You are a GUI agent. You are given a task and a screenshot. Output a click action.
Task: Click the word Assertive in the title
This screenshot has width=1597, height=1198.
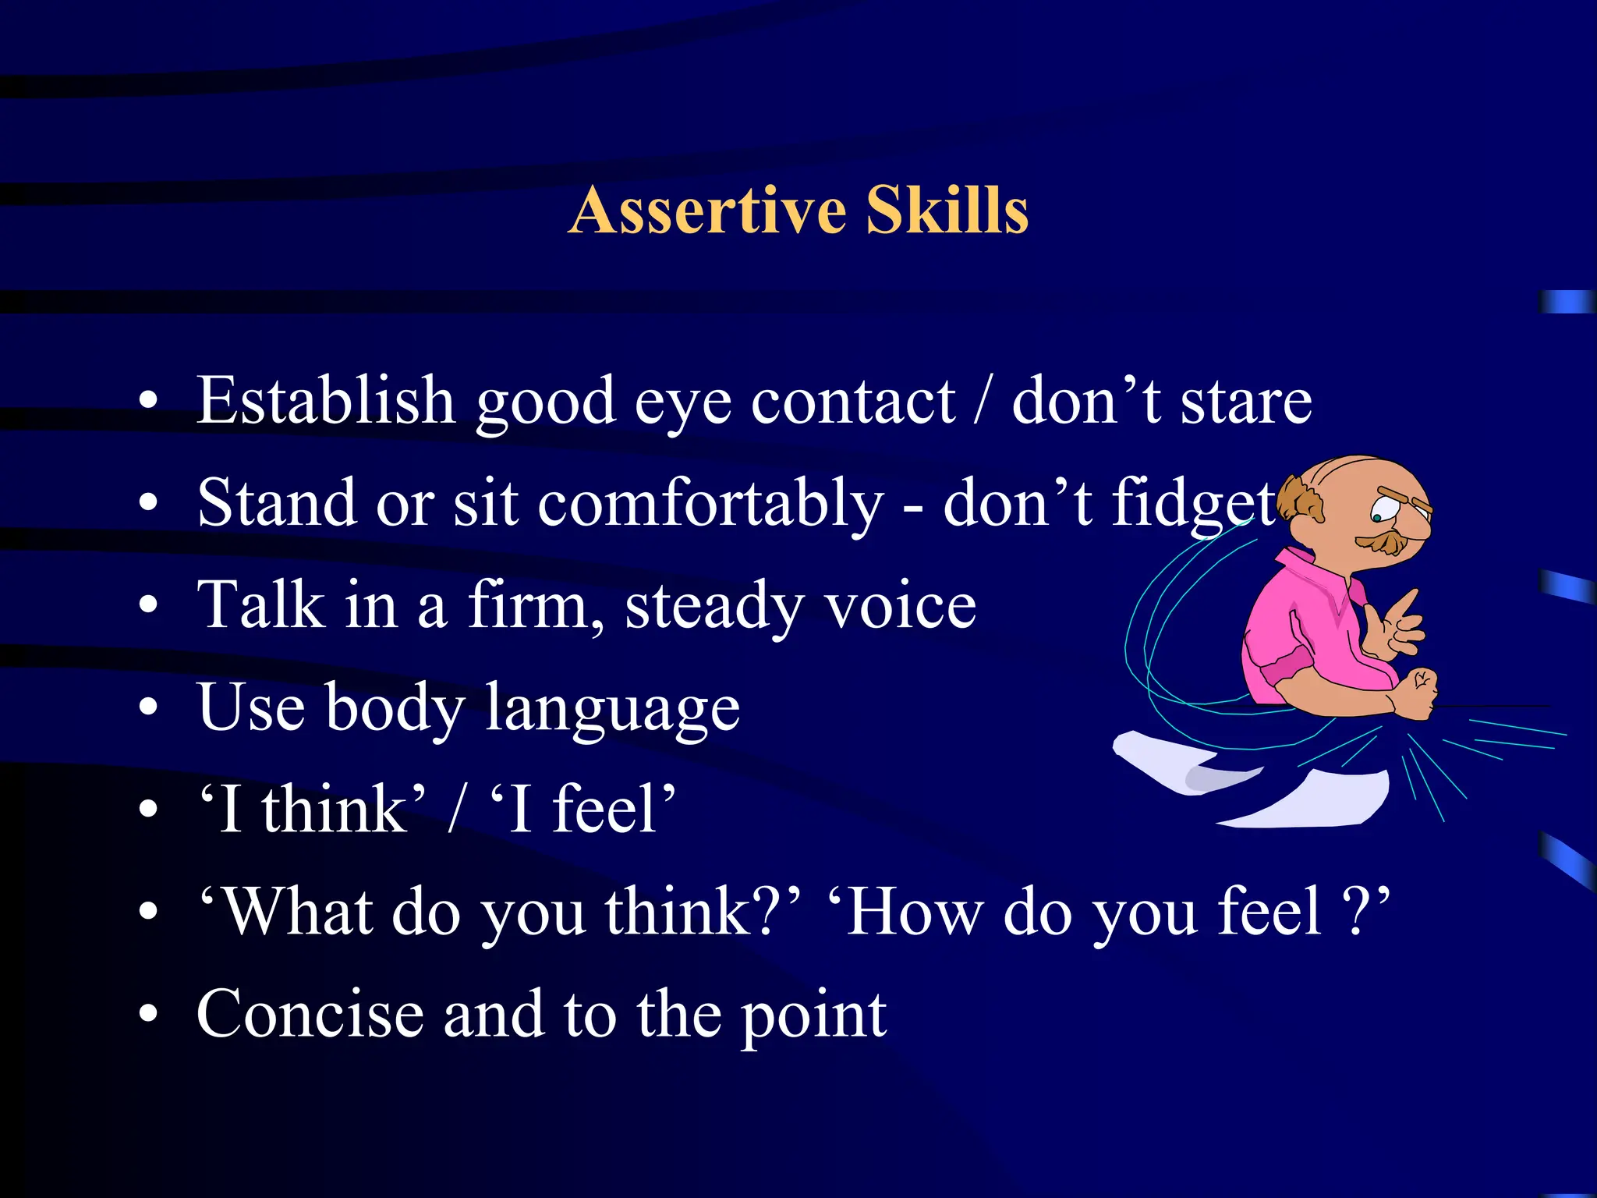707,211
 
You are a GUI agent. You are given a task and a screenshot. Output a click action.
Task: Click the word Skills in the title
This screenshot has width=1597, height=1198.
947,211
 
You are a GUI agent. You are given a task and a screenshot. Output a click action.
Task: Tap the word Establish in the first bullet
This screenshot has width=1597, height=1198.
325,400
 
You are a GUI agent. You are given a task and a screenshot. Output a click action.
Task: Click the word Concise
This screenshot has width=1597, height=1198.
310,1014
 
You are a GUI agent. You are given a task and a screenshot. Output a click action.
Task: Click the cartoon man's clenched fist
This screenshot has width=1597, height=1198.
1415,692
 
